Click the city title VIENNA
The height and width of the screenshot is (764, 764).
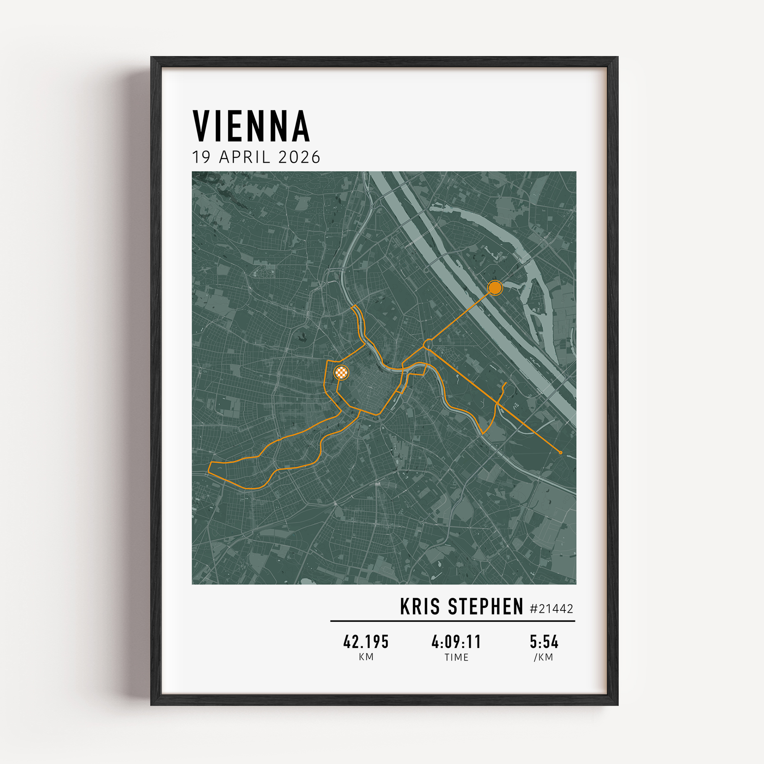click(x=251, y=126)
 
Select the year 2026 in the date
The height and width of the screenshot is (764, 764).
click(x=299, y=157)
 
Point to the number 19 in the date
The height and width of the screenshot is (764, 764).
click(x=201, y=157)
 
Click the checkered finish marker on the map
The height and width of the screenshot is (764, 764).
click(x=341, y=372)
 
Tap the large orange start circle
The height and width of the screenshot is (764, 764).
click(x=495, y=288)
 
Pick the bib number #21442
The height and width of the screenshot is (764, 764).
click(x=551, y=609)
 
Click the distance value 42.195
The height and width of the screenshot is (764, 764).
click(x=366, y=641)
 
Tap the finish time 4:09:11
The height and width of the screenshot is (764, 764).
click(x=456, y=641)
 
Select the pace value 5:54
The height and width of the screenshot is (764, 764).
click(x=544, y=641)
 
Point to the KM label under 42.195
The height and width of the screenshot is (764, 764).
click(x=366, y=657)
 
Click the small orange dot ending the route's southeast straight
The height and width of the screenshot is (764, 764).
click(x=560, y=452)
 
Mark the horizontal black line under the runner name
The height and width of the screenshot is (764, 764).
click(x=452, y=621)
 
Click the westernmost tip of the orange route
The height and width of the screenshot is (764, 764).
click(x=209, y=471)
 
